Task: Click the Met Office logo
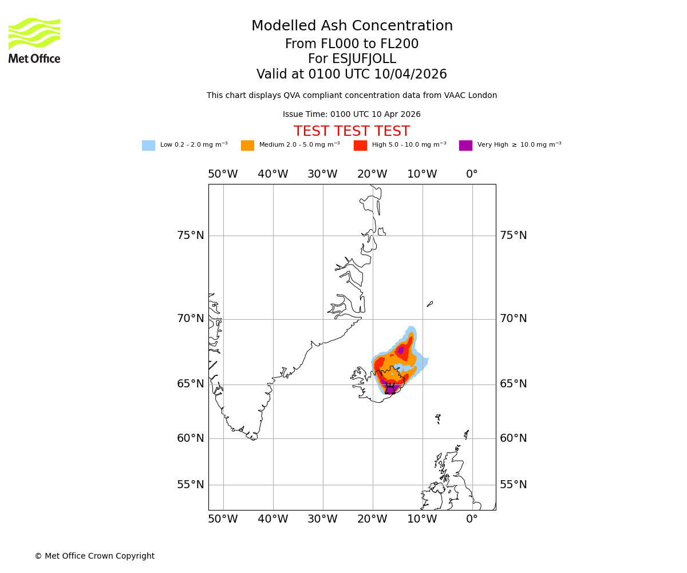pyautogui.click(x=34, y=40)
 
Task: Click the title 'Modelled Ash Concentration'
pyautogui.click(x=352, y=26)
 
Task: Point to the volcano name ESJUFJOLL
pyautogui.click(x=352, y=59)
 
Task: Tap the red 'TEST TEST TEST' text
pyautogui.click(x=352, y=131)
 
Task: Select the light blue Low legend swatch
pyautogui.click(x=148, y=146)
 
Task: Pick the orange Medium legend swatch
pyautogui.click(x=247, y=146)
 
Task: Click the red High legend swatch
pyautogui.click(x=360, y=146)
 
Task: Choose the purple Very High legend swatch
pyautogui.click(x=465, y=146)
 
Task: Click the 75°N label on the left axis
pyautogui.click(x=190, y=236)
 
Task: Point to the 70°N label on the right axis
pyautogui.click(x=514, y=319)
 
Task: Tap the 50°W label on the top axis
pyautogui.click(x=223, y=174)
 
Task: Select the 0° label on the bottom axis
pyautogui.click(x=472, y=519)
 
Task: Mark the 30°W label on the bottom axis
pyautogui.click(x=322, y=519)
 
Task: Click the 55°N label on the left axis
pyautogui.click(x=190, y=485)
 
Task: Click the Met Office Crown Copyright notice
pyautogui.click(x=94, y=556)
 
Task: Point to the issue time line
pyautogui.click(x=352, y=115)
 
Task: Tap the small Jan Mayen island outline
pyautogui.click(x=430, y=304)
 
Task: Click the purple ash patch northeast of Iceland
pyautogui.click(x=401, y=350)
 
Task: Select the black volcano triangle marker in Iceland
pyautogui.click(x=390, y=390)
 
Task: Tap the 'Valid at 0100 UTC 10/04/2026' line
pyautogui.click(x=352, y=74)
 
